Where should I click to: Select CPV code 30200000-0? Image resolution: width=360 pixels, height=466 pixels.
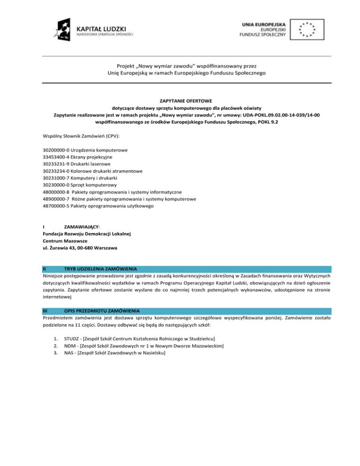[56, 150]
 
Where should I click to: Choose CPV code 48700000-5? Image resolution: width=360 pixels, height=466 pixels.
[56, 206]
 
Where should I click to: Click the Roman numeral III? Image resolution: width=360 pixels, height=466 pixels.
[45, 311]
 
